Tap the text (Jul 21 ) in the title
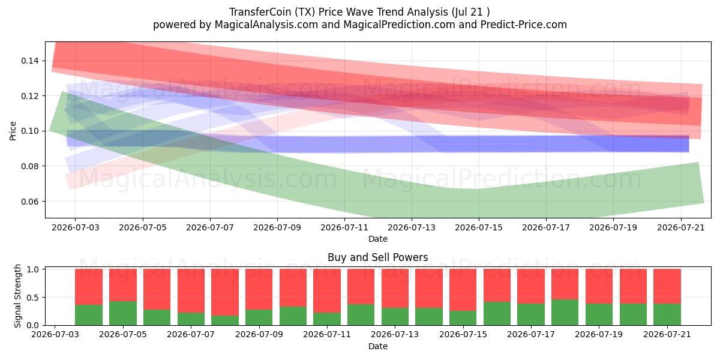(x=470, y=12)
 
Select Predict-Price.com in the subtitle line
(x=524, y=25)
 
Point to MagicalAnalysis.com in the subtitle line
(x=266, y=25)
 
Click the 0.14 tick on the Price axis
(x=29, y=61)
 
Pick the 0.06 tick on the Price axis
(x=29, y=202)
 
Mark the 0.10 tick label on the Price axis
(x=29, y=131)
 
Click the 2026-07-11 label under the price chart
(x=344, y=227)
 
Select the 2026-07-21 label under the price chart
(x=681, y=227)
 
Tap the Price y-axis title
(x=13, y=131)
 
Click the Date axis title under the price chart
(x=378, y=239)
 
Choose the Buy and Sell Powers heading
(x=377, y=257)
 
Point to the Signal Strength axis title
(x=17, y=296)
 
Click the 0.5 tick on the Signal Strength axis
(x=32, y=298)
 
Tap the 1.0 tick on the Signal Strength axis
(x=32, y=269)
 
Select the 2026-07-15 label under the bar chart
(x=463, y=334)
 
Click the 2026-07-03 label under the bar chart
(x=55, y=334)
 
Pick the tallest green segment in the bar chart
(x=565, y=313)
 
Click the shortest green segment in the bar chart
(x=225, y=320)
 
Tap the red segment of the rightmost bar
(x=667, y=286)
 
